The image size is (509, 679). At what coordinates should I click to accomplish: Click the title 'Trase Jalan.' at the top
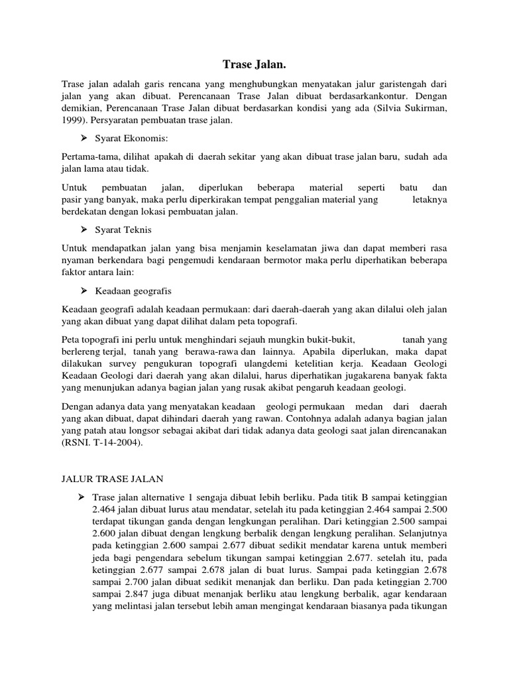[254, 64]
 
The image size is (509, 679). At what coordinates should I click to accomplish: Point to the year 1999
[74, 122]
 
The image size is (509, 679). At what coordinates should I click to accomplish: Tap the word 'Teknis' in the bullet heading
[137, 230]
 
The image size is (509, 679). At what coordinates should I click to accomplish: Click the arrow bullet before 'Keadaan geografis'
[84, 290]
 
